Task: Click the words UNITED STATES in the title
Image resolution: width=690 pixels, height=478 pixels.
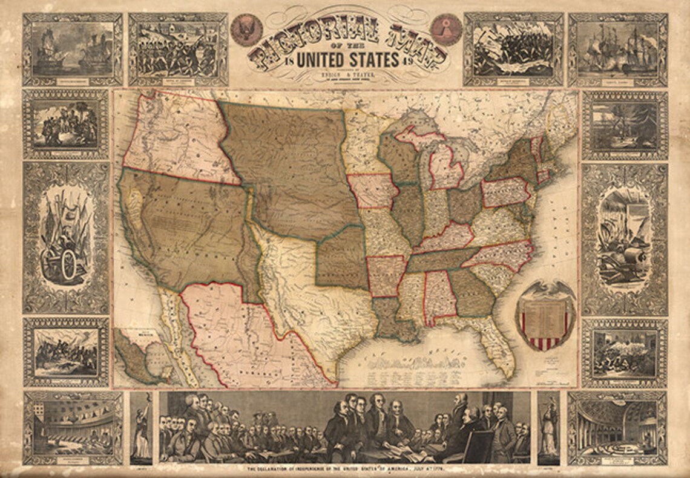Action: [346, 60]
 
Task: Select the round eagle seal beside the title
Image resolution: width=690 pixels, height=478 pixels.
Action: [246, 30]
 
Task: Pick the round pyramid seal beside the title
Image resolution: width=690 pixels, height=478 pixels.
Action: [445, 30]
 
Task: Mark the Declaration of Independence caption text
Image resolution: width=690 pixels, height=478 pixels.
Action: [345, 470]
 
